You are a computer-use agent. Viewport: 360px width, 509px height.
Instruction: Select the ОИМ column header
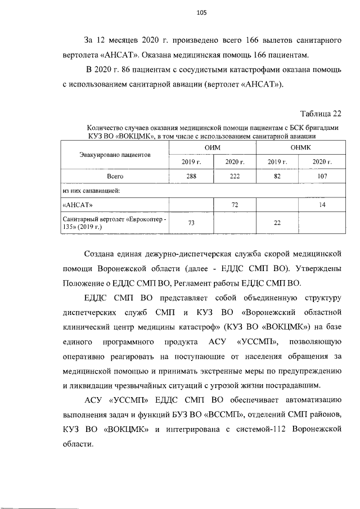pyautogui.click(x=213, y=147)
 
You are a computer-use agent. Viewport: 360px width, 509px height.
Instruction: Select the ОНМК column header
pyautogui.click(x=300, y=147)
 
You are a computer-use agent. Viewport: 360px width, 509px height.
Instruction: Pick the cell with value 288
pyautogui.click(x=191, y=176)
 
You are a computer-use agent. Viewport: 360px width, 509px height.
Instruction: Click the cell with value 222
pyautogui.click(x=234, y=176)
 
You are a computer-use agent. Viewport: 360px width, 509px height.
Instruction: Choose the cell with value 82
pyautogui.click(x=277, y=176)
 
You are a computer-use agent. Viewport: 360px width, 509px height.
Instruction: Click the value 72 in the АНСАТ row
pyautogui.click(x=234, y=205)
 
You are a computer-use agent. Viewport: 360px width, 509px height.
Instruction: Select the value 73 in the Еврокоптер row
pyautogui.click(x=191, y=223)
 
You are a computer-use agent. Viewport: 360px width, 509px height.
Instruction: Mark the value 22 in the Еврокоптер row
pyautogui.click(x=277, y=223)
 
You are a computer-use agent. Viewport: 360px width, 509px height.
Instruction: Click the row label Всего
pyautogui.click(x=115, y=176)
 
